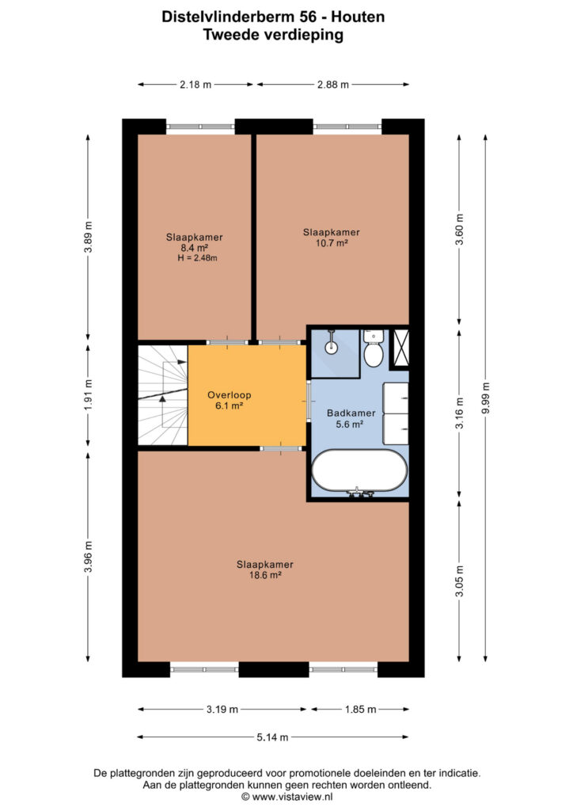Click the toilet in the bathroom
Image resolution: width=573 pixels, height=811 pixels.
[373, 348]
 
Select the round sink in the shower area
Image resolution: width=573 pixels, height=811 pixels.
[331, 346]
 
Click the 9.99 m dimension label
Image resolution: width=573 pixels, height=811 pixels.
[485, 398]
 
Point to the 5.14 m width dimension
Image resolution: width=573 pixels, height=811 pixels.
[273, 737]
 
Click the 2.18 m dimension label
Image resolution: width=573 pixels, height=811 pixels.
[195, 84]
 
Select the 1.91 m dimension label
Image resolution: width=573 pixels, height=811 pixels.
[89, 396]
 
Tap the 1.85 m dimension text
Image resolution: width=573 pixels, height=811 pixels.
[360, 709]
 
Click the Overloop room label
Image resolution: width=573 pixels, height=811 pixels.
[230, 395]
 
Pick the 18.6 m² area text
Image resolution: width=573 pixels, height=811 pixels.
[265, 575]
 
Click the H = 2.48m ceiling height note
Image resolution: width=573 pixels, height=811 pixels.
[197, 258]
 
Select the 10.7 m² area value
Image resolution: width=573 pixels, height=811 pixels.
[331, 242]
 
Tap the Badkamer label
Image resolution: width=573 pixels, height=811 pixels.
[351, 413]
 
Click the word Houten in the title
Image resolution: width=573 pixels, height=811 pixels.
[358, 17]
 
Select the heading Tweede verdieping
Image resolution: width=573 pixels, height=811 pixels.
[273, 35]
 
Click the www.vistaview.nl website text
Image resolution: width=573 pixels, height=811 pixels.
[293, 797]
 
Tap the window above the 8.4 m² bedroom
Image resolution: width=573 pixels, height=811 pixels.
[200, 126]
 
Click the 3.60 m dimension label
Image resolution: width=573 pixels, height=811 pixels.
[459, 229]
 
